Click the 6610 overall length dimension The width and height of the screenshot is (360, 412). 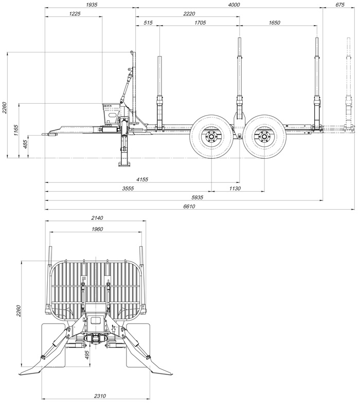click(189, 207)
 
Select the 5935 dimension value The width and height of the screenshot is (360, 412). click(197, 197)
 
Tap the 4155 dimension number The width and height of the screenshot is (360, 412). click(142, 179)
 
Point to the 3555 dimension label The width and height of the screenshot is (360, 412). click(128, 189)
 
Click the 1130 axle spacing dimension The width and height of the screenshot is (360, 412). click(235, 189)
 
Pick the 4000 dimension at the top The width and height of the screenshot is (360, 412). click(234, 5)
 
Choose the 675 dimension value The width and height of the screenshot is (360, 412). click(340, 5)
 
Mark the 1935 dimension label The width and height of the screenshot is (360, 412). click(92, 5)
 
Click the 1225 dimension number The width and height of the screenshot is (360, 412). click(75, 14)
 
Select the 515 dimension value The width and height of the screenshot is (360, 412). click(148, 23)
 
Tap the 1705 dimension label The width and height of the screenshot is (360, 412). click(200, 23)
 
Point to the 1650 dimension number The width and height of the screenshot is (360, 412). click(274, 23)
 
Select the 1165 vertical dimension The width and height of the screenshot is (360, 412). click(16, 130)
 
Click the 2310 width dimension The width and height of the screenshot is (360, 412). click(100, 396)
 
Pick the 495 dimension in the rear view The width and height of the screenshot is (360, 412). click(87, 355)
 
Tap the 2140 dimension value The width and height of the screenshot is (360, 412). click(97, 218)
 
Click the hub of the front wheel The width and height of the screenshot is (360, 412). click(212, 137)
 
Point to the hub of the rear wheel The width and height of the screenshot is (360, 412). click(264, 137)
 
